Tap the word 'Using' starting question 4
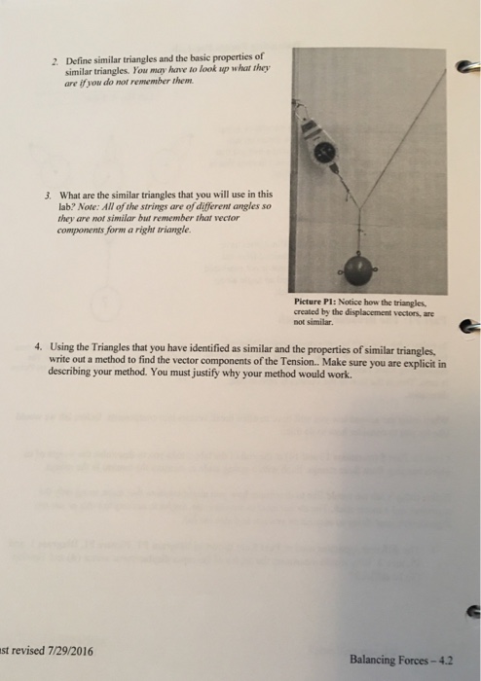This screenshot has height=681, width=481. click(x=62, y=347)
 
